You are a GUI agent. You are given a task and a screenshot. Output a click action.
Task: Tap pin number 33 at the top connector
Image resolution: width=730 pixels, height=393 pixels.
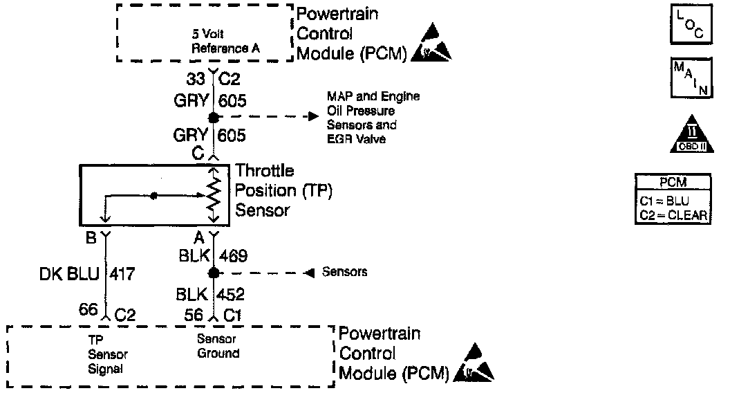click(196, 80)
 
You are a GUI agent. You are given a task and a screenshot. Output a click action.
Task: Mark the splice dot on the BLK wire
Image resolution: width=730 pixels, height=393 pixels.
click(214, 273)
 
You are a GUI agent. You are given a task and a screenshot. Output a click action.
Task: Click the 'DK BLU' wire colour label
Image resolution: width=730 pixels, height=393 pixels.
click(66, 275)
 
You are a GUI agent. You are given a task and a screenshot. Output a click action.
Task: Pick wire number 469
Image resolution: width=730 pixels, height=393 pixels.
click(232, 256)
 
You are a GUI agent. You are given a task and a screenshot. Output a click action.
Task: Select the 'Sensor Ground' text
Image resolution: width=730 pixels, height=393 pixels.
click(218, 347)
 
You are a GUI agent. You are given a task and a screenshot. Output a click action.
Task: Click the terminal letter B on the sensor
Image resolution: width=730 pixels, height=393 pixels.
click(91, 238)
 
